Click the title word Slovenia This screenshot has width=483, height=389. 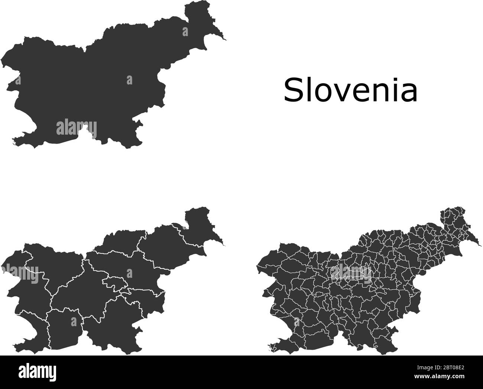(x=350, y=90)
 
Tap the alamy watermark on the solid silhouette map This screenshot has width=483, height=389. (x=76, y=129)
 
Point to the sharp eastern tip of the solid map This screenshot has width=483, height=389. (x=226, y=39)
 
